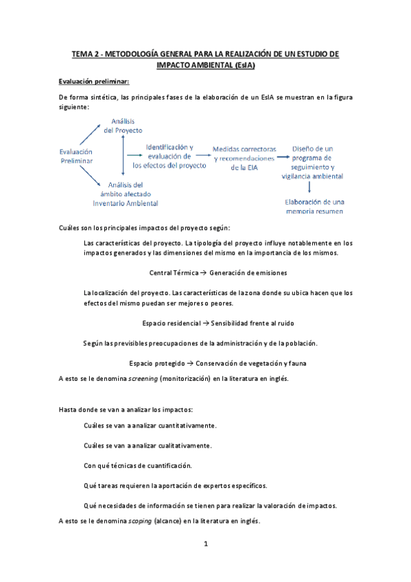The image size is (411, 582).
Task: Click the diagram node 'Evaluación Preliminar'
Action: pos(77,156)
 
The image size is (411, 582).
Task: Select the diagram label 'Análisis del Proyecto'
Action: pos(123,126)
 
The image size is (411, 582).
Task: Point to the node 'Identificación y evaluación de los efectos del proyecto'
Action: pos(169,156)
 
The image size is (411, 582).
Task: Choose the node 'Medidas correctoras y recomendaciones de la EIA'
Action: pos(245,158)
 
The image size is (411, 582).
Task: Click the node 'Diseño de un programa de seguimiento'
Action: pos(312,162)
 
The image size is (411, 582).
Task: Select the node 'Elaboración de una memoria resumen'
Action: pos(314,206)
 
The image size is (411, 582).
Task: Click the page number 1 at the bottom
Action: pos(205,544)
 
